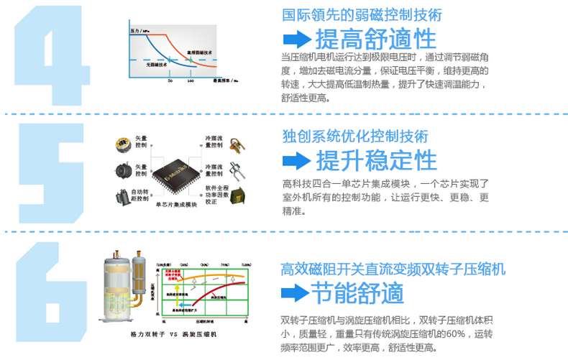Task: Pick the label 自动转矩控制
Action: click(x=142, y=195)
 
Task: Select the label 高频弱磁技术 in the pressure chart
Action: click(x=199, y=52)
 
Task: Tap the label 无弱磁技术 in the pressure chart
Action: click(x=157, y=65)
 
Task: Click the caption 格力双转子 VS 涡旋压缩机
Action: click(x=175, y=335)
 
